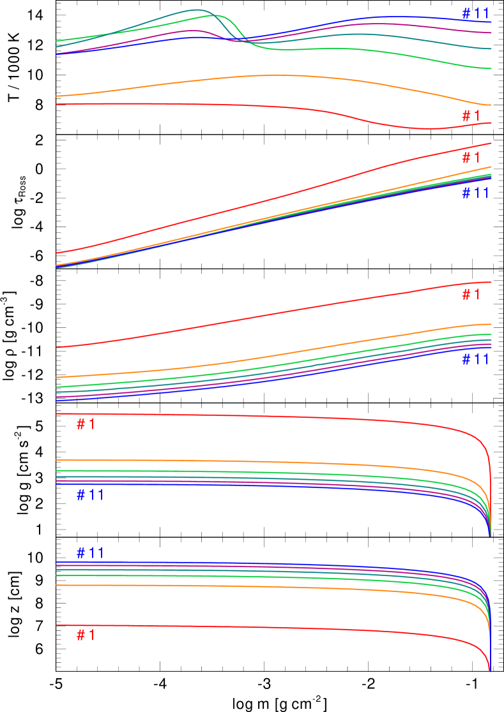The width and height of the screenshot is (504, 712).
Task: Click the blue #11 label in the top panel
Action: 475,13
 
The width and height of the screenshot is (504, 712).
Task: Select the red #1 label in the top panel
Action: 471,116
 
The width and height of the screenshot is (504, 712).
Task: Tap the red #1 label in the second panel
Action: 471,158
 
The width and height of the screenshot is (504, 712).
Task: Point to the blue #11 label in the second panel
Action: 475,193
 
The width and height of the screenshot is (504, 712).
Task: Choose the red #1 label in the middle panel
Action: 471,295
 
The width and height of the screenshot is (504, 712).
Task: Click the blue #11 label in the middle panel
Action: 475,360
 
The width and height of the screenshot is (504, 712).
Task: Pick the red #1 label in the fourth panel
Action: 86,425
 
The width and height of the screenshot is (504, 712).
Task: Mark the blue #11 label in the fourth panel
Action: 90,495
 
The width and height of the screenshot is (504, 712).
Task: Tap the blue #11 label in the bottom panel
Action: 90,553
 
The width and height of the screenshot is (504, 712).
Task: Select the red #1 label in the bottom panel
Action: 86,635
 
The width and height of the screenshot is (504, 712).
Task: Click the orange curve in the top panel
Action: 268,76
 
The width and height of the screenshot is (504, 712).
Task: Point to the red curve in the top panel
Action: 192,105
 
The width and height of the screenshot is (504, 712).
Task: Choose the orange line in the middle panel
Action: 256,359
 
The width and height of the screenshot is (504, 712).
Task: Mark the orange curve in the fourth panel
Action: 256,462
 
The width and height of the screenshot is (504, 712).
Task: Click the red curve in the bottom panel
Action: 256,628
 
